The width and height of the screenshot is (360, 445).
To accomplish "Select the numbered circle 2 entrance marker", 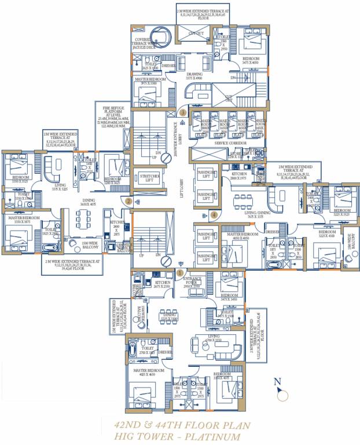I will point(128,202).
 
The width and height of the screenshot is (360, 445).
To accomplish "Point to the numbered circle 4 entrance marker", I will point(214,214).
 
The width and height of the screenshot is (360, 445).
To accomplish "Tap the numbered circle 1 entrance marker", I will point(180,272).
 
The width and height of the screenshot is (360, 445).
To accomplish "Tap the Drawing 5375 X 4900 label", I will point(194,76).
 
